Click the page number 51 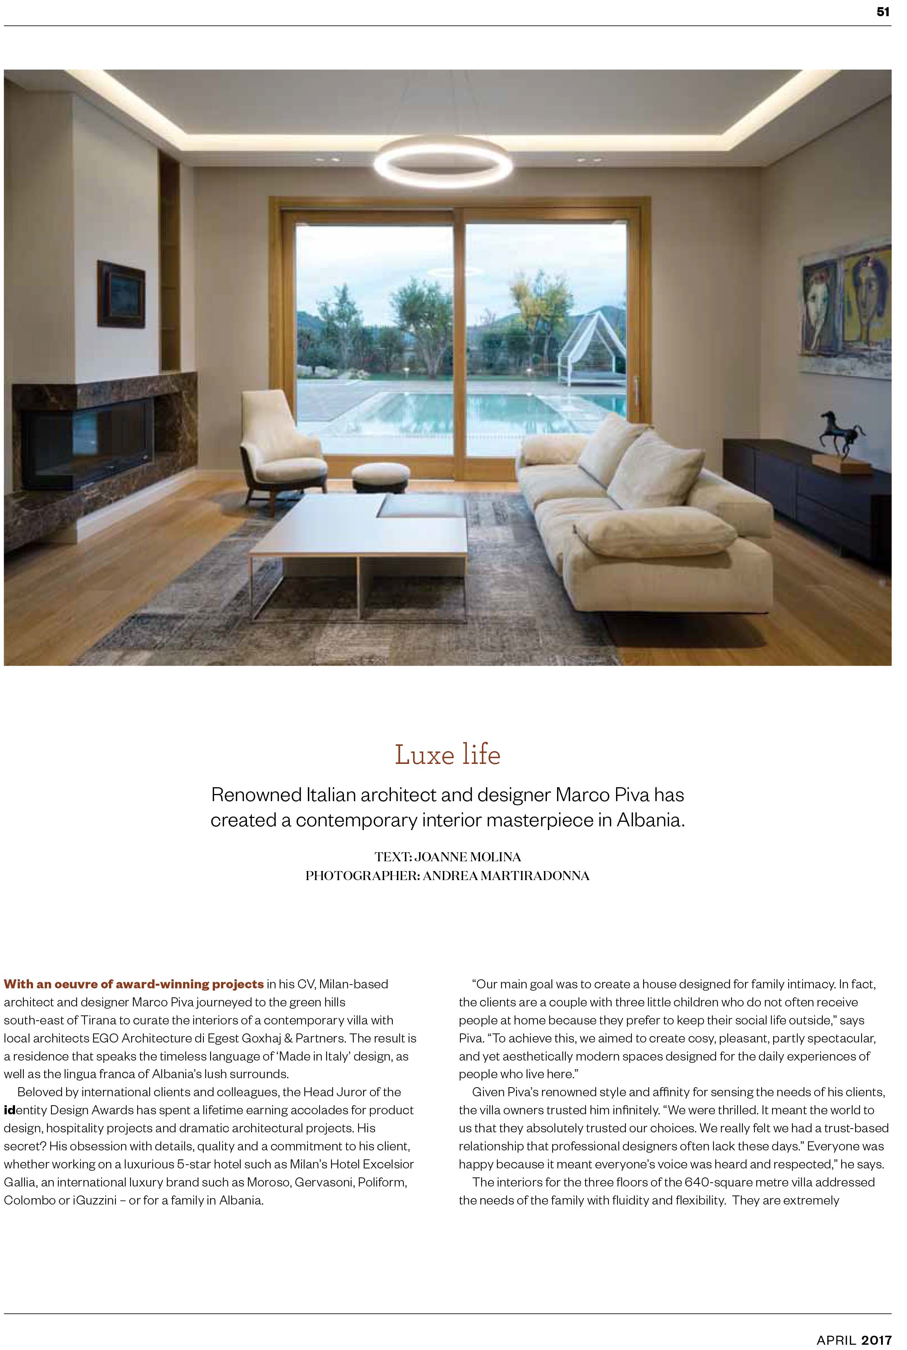click(x=883, y=12)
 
